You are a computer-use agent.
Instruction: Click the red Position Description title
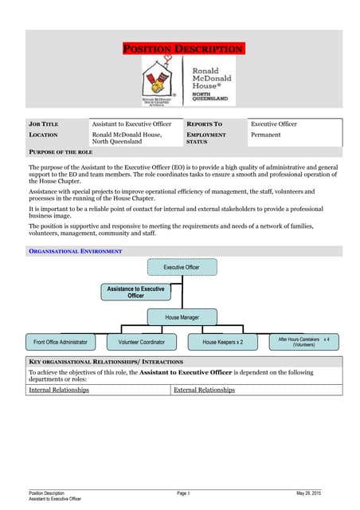(x=183, y=49)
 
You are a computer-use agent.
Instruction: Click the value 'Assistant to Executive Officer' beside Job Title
(x=131, y=124)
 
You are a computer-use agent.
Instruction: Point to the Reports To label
(x=204, y=124)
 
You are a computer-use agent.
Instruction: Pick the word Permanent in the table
(x=266, y=135)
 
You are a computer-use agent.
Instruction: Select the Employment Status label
(x=205, y=139)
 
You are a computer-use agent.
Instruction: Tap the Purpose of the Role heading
(x=61, y=151)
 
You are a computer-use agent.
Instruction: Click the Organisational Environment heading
(x=76, y=251)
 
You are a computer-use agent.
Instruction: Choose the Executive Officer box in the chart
(x=182, y=267)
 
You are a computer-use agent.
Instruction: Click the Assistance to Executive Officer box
(x=135, y=292)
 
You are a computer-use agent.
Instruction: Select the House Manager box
(x=182, y=317)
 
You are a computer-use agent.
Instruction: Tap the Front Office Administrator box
(x=61, y=342)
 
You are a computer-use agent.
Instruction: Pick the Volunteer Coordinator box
(x=142, y=342)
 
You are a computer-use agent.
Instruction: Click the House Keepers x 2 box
(x=223, y=342)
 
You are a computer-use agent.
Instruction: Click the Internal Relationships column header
(x=59, y=390)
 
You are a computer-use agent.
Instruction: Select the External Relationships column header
(x=204, y=390)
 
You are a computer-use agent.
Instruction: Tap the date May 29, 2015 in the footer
(x=308, y=494)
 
